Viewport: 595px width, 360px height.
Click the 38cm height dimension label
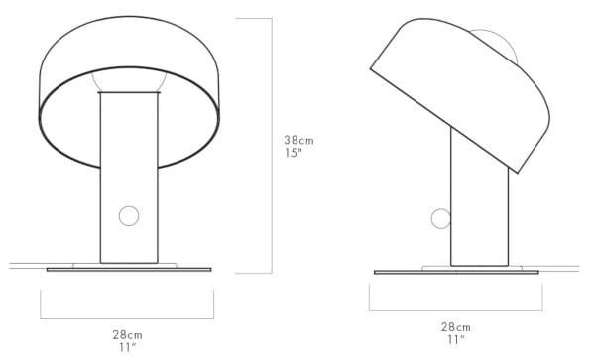click(x=298, y=141)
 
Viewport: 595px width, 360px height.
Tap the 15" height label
click(x=295, y=155)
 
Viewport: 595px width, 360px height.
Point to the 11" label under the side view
click(x=455, y=340)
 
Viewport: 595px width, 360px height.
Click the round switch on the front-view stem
click(x=129, y=216)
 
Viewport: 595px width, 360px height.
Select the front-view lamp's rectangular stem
click(x=129, y=179)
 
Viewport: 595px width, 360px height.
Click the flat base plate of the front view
click(x=129, y=269)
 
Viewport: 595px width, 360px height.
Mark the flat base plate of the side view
click(x=455, y=271)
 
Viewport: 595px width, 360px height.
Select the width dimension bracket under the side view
click(x=455, y=308)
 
